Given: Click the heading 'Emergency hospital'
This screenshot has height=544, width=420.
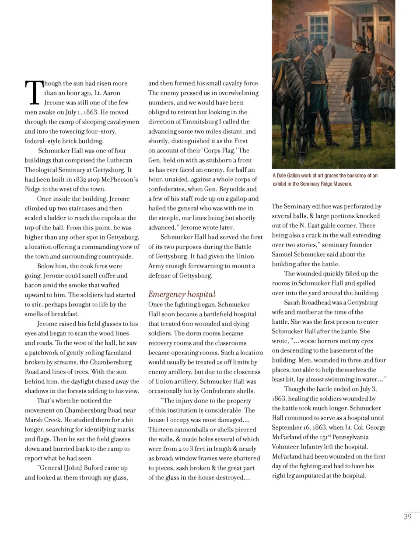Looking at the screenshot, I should click(x=182, y=294).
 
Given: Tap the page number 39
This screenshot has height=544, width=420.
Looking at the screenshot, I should click(x=407, y=516).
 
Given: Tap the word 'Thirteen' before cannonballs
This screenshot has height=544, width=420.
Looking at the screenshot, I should click(x=160, y=430).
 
